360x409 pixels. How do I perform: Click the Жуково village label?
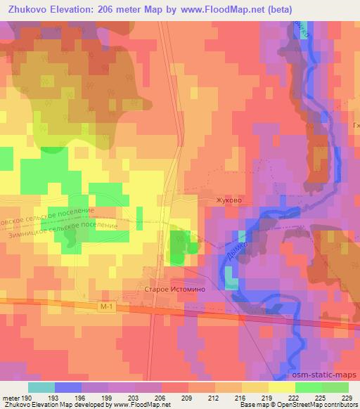[x=230, y=200]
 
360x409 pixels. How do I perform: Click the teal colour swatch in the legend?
[x=41, y=387]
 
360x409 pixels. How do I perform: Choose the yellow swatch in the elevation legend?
[x=281, y=387]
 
